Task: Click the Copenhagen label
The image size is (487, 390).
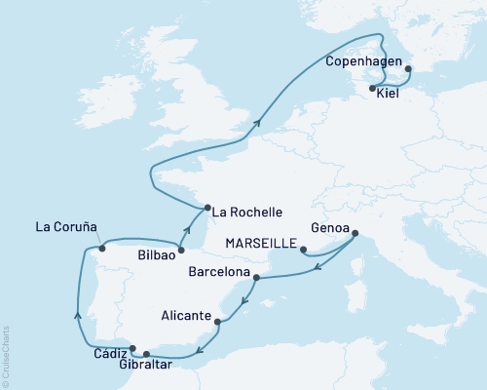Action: tap(361, 59)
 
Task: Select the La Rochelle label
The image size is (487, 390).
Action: tap(247, 212)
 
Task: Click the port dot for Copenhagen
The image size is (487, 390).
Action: tap(407, 68)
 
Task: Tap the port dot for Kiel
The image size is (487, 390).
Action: tap(373, 89)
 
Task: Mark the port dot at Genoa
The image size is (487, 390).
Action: tap(354, 233)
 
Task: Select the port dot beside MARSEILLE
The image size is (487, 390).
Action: tap(305, 250)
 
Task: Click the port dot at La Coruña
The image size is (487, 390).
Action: tap(101, 248)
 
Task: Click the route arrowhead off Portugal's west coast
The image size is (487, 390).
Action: tap(77, 313)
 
